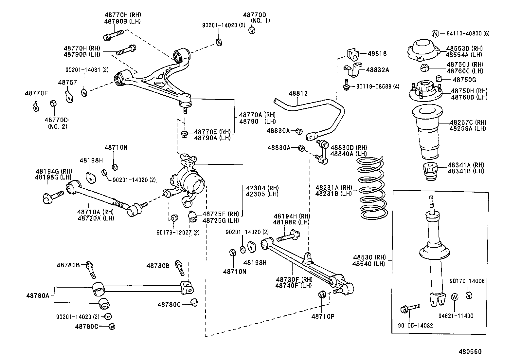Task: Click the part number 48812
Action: coord(298,94)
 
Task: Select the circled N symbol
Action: coord(435,33)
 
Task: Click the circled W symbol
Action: coord(455,297)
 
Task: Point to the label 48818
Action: coord(377,53)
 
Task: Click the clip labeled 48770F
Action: coord(36,105)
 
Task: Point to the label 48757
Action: coord(68,83)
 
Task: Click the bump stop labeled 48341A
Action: coord(429,171)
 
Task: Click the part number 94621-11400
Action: coord(456,316)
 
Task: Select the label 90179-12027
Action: coord(178,233)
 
